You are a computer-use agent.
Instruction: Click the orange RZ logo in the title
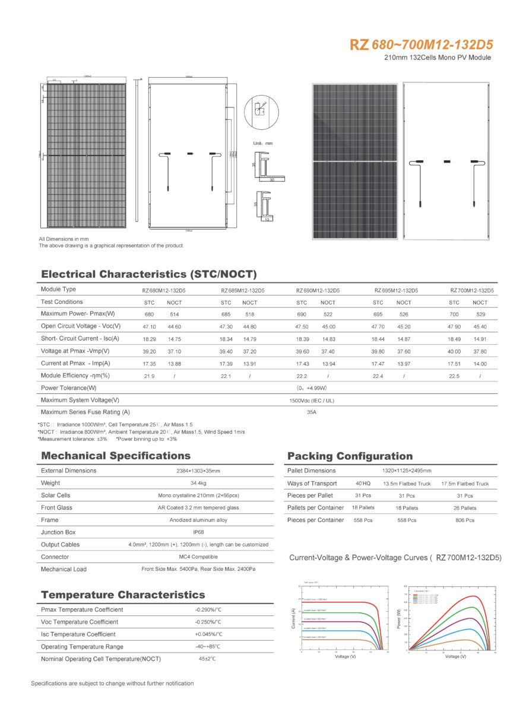click(359, 45)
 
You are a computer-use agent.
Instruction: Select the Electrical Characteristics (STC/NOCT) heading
click(148, 274)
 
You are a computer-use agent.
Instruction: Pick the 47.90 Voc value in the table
click(454, 326)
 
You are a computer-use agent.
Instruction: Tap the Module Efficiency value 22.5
click(454, 376)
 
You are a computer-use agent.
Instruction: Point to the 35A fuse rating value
click(312, 412)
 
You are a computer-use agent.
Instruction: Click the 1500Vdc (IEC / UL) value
click(312, 401)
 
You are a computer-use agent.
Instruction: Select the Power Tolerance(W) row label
click(69, 388)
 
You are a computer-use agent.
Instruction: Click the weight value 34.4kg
click(198, 483)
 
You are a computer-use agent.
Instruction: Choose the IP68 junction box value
click(198, 532)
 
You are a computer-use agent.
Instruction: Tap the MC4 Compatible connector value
click(198, 557)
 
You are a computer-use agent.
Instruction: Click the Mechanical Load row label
click(64, 570)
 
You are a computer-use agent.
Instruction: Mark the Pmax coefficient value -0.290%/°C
click(208, 610)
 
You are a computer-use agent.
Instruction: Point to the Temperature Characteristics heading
click(123, 595)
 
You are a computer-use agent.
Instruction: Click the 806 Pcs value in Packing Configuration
click(465, 520)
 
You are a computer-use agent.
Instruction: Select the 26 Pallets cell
click(465, 508)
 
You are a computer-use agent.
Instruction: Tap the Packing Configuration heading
click(350, 456)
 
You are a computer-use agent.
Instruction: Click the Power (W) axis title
click(399, 618)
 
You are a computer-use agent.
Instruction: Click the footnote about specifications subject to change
click(112, 684)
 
